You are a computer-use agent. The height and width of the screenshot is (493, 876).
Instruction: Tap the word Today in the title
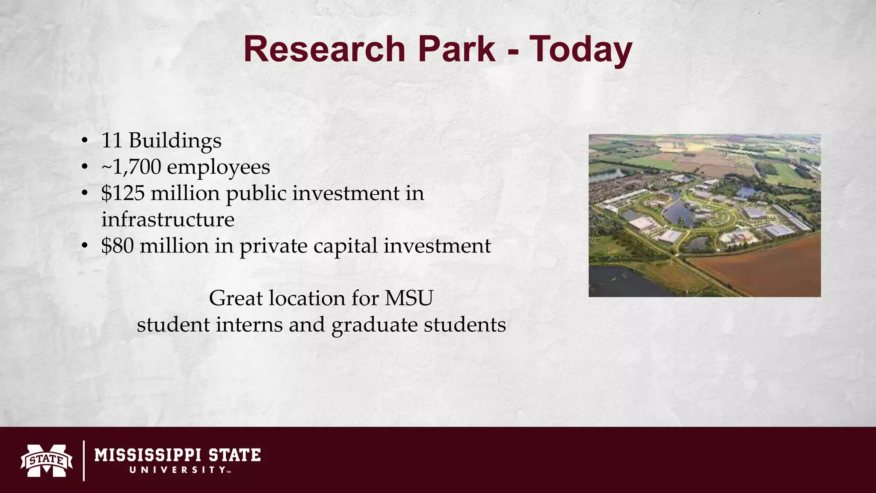click(x=581, y=50)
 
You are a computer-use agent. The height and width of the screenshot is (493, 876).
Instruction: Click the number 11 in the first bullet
click(x=112, y=140)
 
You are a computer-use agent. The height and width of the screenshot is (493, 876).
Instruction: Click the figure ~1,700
click(x=131, y=167)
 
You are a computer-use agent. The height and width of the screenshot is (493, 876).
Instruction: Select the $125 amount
click(x=123, y=193)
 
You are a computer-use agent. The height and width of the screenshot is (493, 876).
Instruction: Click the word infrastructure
click(x=168, y=220)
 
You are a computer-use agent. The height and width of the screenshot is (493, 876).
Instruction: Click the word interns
click(x=249, y=324)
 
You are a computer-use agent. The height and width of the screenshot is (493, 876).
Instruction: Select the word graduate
click(x=375, y=325)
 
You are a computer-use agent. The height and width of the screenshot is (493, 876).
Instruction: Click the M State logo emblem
click(x=47, y=460)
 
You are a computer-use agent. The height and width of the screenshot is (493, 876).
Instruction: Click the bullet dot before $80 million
click(x=85, y=246)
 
